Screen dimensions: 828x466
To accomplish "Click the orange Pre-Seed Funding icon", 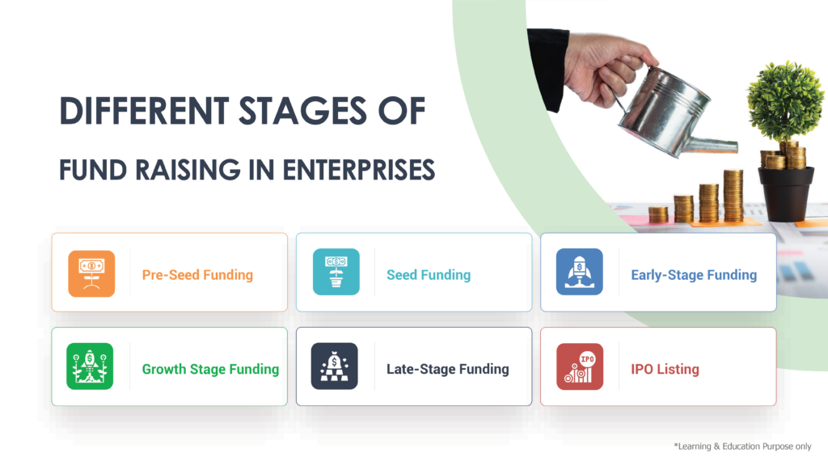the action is [x=91, y=273].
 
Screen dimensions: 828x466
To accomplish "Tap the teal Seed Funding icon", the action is [x=336, y=272].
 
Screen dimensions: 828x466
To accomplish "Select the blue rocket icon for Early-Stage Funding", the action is [x=579, y=272].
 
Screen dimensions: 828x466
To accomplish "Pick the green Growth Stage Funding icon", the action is [x=90, y=366].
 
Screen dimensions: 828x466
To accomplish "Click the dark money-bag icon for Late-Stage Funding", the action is [x=334, y=366].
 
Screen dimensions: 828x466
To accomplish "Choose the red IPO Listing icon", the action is [x=580, y=366].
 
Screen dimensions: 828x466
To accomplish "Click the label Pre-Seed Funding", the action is [x=197, y=275].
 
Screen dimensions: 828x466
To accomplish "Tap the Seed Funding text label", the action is [x=429, y=275].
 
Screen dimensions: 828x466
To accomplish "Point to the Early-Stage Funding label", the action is [x=694, y=275].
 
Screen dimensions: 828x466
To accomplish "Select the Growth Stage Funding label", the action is [x=210, y=369].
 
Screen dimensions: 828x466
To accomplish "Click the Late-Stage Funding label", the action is [x=448, y=369].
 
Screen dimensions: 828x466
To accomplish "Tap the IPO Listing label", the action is [x=665, y=369].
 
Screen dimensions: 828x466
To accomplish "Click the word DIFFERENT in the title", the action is [x=144, y=111].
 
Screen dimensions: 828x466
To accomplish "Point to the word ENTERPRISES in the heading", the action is [x=358, y=170].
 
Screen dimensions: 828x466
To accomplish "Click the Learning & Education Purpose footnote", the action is [x=742, y=447].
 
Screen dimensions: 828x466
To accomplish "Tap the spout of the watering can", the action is [x=710, y=144].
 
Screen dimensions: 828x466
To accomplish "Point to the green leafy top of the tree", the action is [x=785, y=100].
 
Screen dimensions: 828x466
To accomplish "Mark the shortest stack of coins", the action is [x=658, y=214].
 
